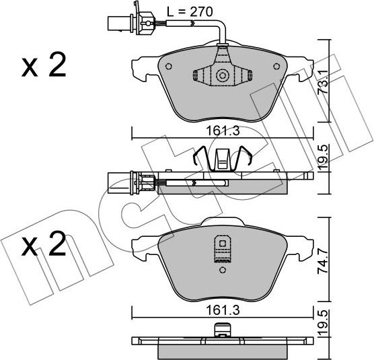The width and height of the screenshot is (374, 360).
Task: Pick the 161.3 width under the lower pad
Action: (221, 303)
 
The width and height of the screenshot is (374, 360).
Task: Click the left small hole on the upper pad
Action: (169, 67)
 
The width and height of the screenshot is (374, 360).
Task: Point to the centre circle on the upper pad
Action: (220, 75)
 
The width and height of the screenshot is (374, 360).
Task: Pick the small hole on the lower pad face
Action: (220, 271)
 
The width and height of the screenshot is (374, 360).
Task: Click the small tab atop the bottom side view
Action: (221, 330)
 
